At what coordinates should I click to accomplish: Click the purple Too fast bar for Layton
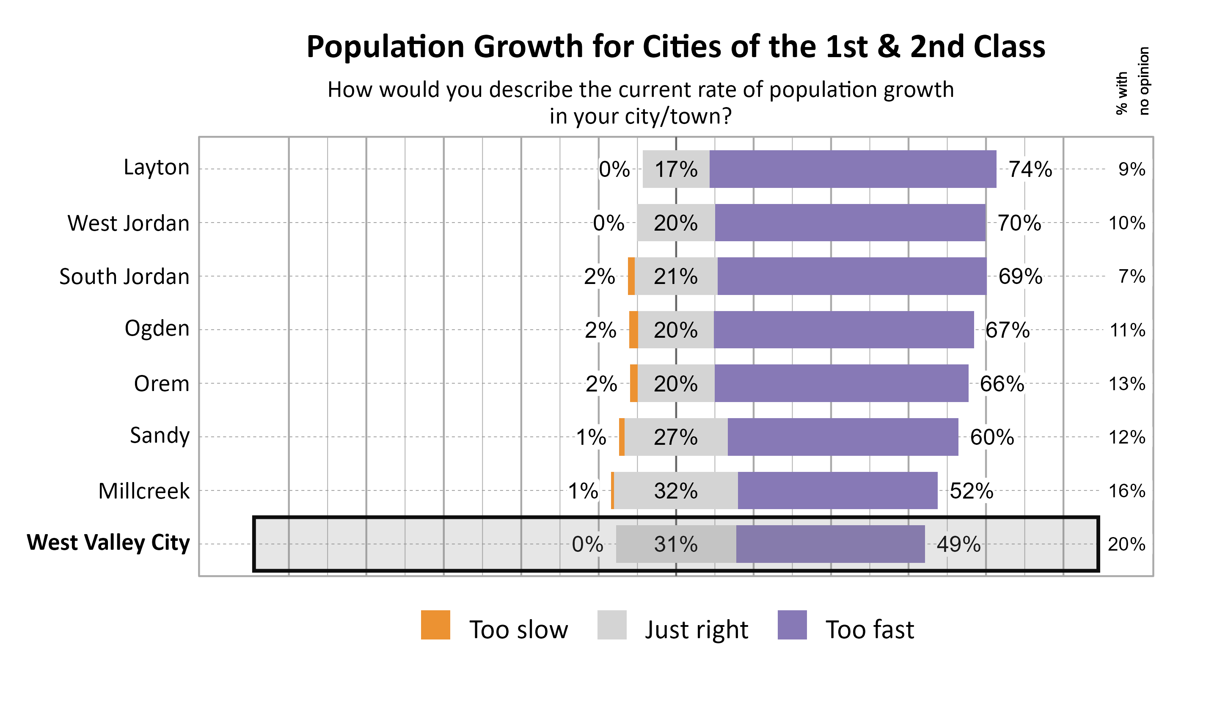tap(853, 169)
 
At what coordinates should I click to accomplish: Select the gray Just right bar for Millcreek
tap(676, 491)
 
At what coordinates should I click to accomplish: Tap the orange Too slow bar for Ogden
tap(633, 330)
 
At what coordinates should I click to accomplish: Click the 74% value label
tap(1030, 169)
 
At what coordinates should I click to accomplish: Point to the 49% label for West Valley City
tap(958, 544)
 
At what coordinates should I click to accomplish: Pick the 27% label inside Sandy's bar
tap(676, 437)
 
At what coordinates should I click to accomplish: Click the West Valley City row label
tap(108, 543)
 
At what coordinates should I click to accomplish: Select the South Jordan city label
tap(124, 277)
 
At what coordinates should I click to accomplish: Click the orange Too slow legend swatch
tap(435, 625)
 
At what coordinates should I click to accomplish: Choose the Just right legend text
tap(697, 630)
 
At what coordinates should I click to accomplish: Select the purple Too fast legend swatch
tap(792, 625)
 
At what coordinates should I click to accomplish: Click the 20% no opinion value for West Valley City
tap(1126, 544)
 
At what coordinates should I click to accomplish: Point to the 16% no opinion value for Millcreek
tap(1127, 491)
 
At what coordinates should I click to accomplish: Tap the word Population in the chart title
tap(385, 47)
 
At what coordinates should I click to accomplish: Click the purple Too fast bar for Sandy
tap(843, 437)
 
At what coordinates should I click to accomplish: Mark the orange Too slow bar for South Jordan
tap(631, 276)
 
